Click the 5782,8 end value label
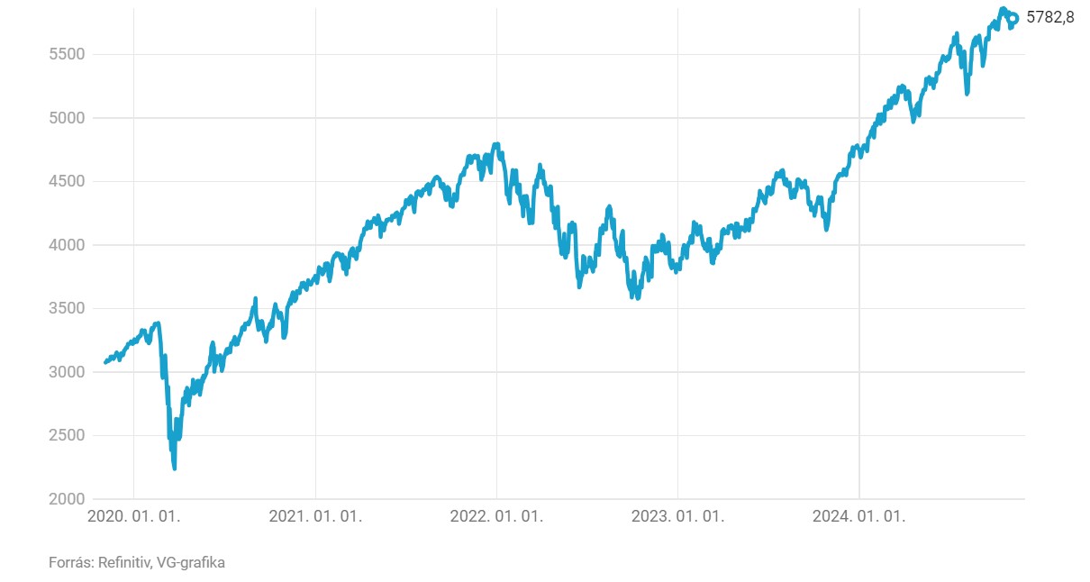(1050, 18)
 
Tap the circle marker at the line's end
(1013, 18)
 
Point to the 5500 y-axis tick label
(66, 54)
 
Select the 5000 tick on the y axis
(66, 118)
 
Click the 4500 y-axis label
(66, 181)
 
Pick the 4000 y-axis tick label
(66, 245)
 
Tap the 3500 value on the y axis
(66, 308)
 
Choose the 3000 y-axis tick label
(66, 372)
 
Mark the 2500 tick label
(66, 435)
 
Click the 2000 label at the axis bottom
(66, 499)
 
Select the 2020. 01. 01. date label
(133, 517)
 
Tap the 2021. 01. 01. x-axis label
(315, 517)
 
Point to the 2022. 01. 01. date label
(496, 517)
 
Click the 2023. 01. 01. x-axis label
(677, 517)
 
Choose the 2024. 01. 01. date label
(858, 517)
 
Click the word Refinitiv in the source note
(124, 563)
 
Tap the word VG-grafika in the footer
(191, 563)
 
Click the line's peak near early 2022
(496, 144)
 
